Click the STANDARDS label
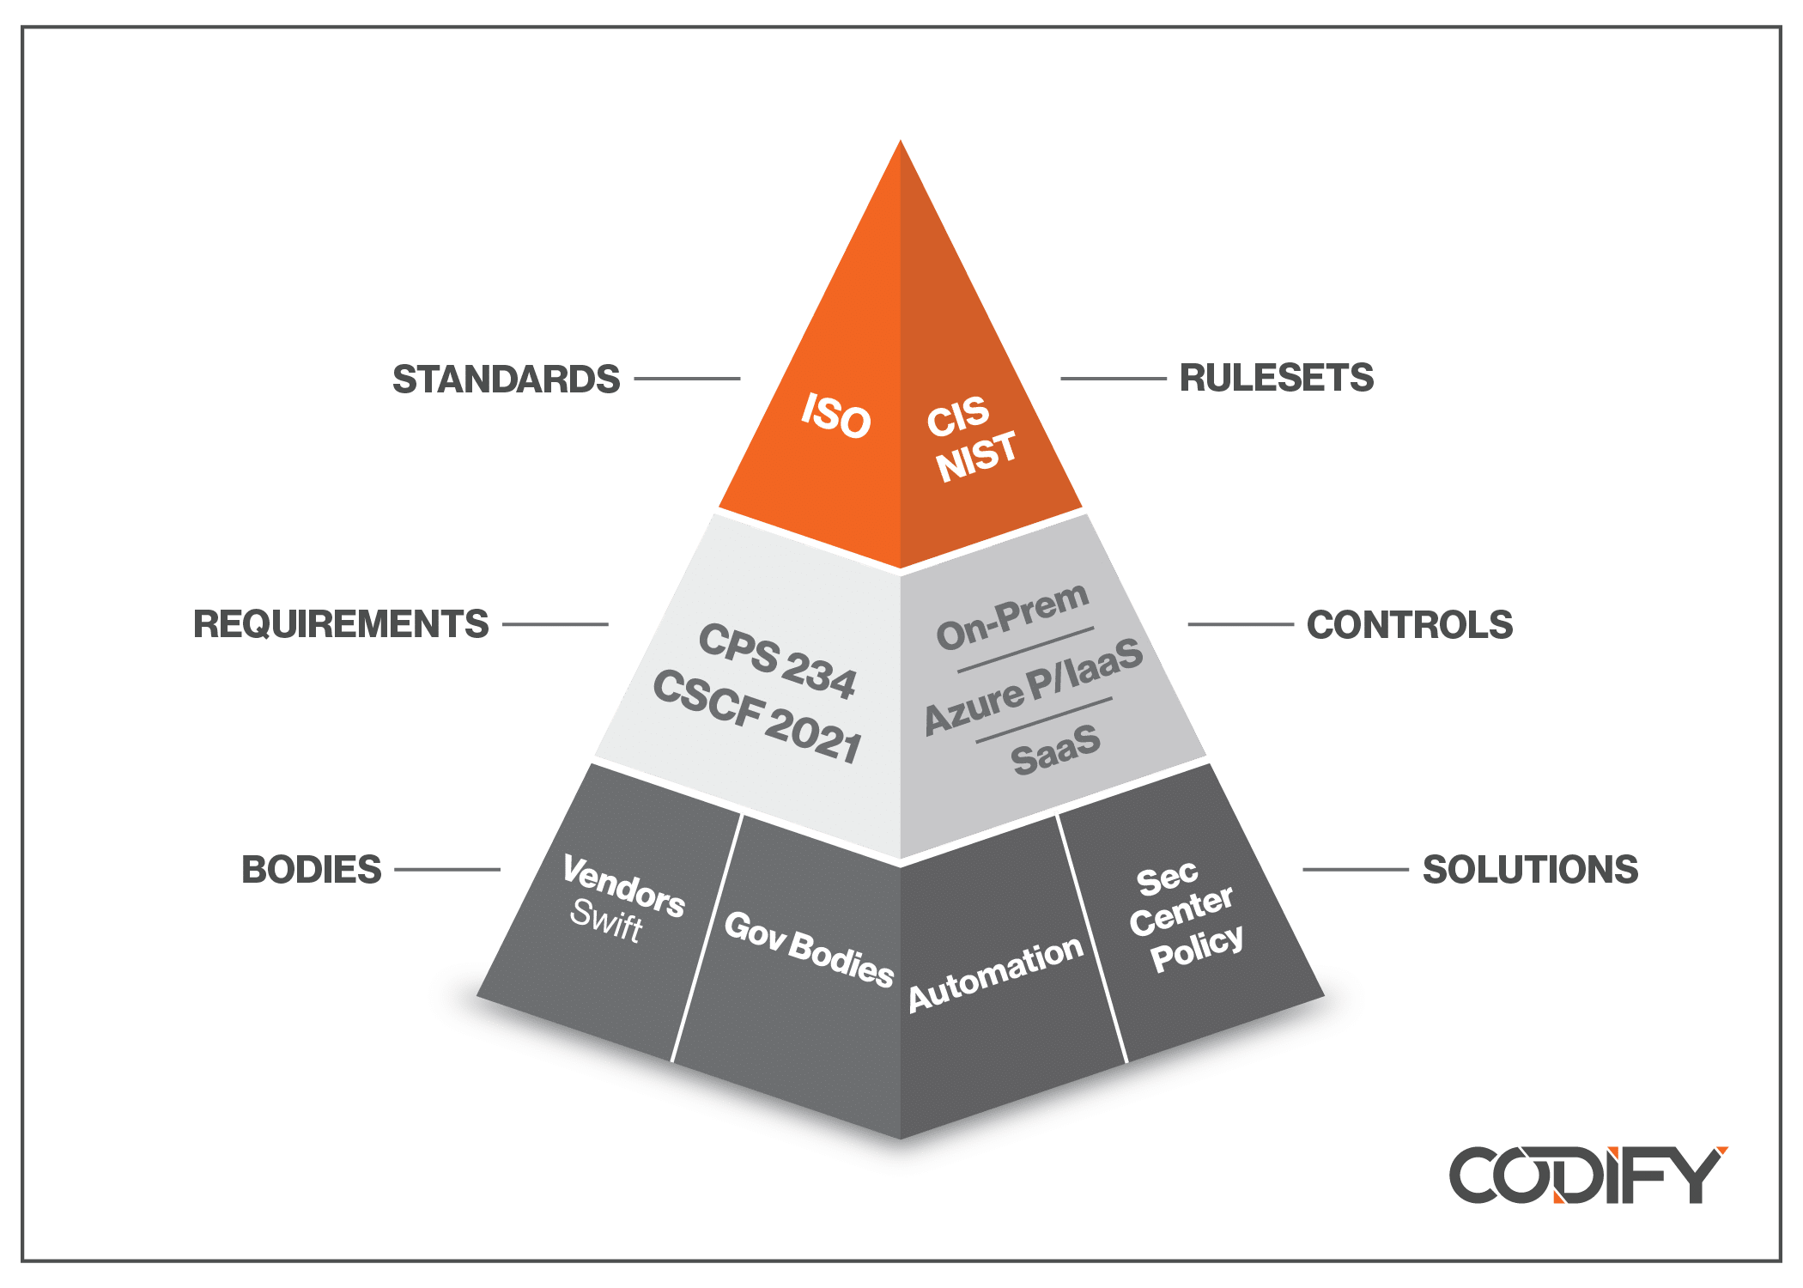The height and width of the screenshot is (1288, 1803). click(506, 380)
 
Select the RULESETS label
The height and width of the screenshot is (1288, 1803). click(1276, 378)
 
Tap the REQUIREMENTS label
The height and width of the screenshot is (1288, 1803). click(341, 624)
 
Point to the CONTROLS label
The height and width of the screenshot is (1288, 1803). click(1409, 625)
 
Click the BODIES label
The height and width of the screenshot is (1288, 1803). click(312, 870)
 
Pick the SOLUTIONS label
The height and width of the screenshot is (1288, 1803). click(1530, 870)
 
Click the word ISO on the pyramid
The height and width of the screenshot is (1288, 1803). click(835, 416)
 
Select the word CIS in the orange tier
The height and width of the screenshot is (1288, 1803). click(958, 417)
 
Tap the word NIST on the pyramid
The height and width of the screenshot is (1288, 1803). click(976, 456)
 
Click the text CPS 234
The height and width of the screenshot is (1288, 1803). click(777, 661)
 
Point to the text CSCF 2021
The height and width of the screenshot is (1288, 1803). click(757, 717)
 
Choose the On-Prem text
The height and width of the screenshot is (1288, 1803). click(1012, 617)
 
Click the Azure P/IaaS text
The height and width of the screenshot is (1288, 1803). click(1033, 687)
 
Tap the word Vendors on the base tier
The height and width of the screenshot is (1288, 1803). click(623, 887)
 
